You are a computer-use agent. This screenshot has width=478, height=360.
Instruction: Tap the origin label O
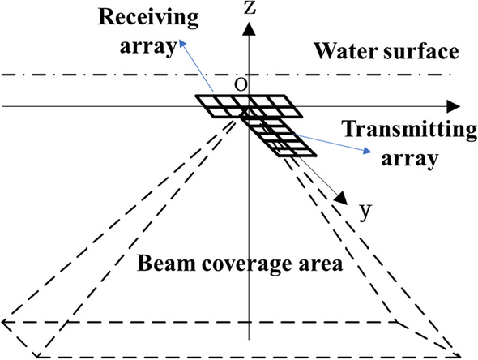(241, 86)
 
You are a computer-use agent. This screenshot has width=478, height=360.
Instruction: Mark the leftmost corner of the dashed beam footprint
(4, 322)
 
